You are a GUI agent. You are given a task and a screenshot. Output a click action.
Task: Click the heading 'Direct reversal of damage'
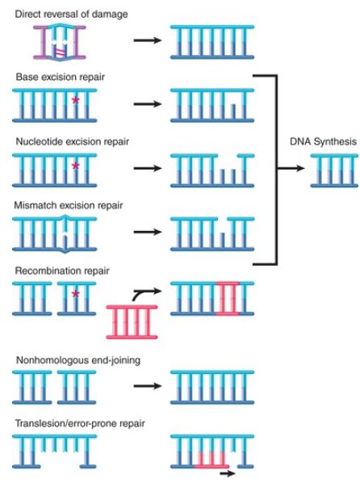[71, 15]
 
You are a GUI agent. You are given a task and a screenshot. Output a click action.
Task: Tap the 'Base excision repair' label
[61, 77]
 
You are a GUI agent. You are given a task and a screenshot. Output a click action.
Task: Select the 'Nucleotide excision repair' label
[73, 141]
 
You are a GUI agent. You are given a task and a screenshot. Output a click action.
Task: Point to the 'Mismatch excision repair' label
[69, 205]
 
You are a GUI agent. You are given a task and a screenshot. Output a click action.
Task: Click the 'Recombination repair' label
[62, 271]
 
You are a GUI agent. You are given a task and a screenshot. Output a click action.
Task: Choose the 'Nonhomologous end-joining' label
[78, 360]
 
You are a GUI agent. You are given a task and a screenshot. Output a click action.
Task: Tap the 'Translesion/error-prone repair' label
[80, 423]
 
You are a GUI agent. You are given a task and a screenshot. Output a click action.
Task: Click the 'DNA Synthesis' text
[323, 141]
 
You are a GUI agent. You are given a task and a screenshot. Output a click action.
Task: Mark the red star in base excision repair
[75, 100]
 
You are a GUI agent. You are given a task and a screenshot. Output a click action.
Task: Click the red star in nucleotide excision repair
[75, 166]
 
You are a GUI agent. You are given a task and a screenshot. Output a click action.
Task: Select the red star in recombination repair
[75, 294]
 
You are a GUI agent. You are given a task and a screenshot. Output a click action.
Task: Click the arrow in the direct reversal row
[148, 40]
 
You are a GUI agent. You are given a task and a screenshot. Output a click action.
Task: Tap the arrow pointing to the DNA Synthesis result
[291, 168]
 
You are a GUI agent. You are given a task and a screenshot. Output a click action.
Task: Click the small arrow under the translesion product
[228, 473]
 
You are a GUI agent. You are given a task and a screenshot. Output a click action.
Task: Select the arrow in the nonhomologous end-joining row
[148, 385]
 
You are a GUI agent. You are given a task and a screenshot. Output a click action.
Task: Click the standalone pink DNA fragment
[132, 322]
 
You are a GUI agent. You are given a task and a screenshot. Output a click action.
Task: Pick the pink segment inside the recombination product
[228, 299]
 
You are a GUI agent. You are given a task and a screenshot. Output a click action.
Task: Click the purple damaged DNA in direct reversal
[60, 42]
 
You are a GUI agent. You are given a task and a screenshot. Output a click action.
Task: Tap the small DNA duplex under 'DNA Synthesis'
[334, 170]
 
